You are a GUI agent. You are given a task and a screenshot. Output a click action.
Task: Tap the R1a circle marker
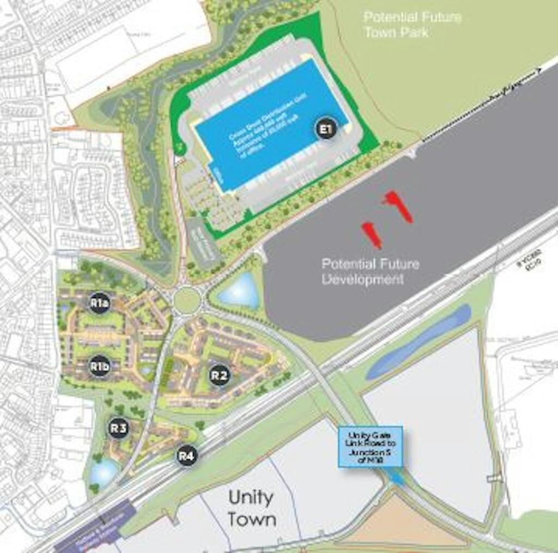coord(99,303)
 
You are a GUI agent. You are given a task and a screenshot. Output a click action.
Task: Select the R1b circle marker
coord(100,367)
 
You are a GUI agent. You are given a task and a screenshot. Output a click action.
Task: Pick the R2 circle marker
coord(219,375)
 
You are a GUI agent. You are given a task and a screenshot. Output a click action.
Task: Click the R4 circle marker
coord(186,455)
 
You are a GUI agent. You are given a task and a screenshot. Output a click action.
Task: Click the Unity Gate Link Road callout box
coord(371,446)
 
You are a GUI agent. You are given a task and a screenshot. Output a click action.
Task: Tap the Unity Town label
coord(252,508)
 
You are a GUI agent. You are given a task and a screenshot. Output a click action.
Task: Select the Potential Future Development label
coord(370,272)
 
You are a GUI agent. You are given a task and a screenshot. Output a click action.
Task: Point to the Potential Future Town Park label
coord(413,25)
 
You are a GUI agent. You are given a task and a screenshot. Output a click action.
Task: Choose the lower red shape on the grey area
coord(372,234)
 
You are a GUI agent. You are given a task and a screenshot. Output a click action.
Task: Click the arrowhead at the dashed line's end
coord(539,70)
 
